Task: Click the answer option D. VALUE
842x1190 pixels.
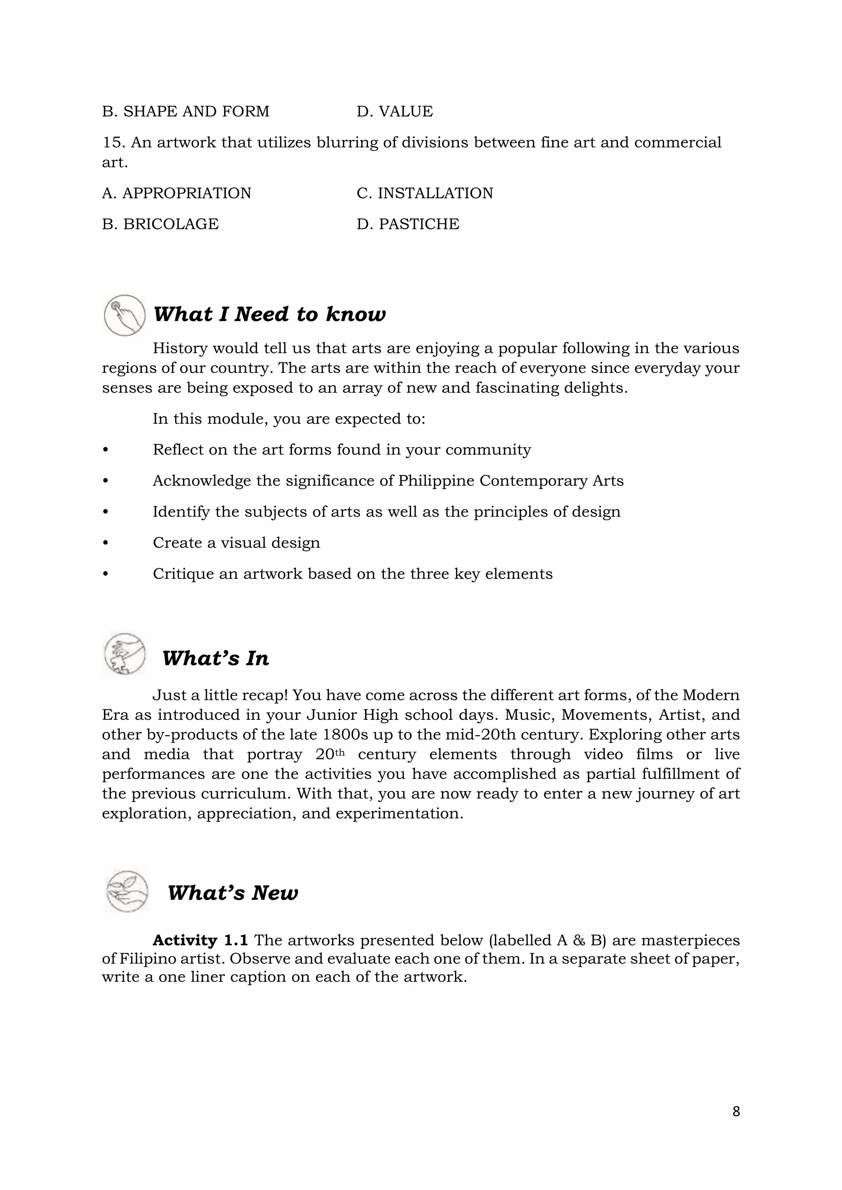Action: tap(395, 111)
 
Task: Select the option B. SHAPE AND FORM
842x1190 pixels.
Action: tap(185, 111)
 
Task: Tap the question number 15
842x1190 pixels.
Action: tap(113, 143)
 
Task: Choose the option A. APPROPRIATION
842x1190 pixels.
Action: tap(176, 193)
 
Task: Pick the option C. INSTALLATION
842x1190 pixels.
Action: tap(425, 193)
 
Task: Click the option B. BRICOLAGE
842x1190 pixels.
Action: tap(160, 224)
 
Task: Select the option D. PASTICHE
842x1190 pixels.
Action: tap(407, 224)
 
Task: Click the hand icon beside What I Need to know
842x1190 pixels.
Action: tap(125, 315)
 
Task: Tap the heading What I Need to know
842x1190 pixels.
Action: tap(270, 314)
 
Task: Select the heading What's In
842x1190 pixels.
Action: tap(216, 658)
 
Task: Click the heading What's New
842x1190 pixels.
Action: tap(233, 892)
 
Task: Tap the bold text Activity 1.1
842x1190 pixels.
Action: tap(200, 940)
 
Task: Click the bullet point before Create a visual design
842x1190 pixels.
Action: tap(106, 543)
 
